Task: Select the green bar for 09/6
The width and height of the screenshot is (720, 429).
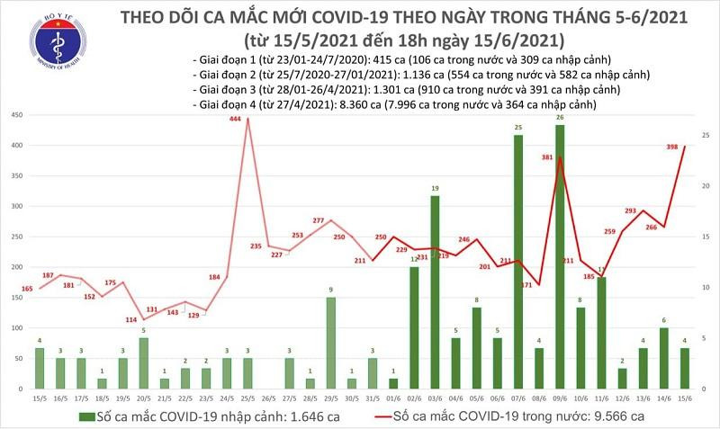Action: point(560,256)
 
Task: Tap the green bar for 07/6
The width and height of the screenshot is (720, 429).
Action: point(518,262)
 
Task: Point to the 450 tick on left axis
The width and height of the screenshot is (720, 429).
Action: point(17,116)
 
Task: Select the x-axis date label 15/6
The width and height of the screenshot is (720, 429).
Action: point(685,397)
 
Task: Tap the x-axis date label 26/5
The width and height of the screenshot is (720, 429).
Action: point(268,397)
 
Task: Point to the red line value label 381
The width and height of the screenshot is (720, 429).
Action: point(547,156)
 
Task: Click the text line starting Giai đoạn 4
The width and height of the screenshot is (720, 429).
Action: point(396,105)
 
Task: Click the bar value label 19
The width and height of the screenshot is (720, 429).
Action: point(435,189)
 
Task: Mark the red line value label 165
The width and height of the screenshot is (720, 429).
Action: point(28,289)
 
